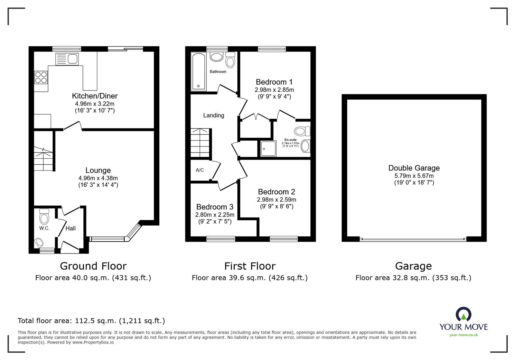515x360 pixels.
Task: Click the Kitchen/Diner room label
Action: pyautogui.click(x=95, y=96)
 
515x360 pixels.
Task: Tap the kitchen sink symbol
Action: pyautogui.click(x=67, y=59)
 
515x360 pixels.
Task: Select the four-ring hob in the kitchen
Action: pyautogui.click(x=41, y=77)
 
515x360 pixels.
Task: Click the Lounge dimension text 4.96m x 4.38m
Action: pyautogui.click(x=98, y=178)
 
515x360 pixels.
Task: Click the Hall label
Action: pyautogui.click(x=70, y=228)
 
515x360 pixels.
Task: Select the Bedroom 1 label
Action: pyautogui.click(x=274, y=82)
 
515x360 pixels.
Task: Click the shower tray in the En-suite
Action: pyautogui.click(x=268, y=148)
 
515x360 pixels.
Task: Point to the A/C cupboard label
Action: pyautogui.click(x=200, y=170)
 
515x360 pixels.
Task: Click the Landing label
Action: pyautogui.click(x=213, y=115)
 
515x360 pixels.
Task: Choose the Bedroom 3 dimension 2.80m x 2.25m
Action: pyautogui.click(x=215, y=215)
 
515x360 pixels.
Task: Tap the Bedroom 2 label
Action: pyautogui.click(x=276, y=192)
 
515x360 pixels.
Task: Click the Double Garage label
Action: pyautogui.click(x=414, y=168)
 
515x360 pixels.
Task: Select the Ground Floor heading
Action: pyautogui.click(x=93, y=266)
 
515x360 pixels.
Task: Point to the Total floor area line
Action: pyautogui.click(x=91, y=321)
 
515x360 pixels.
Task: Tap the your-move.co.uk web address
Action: pyautogui.click(x=464, y=335)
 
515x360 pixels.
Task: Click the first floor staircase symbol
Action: pyautogui.click(x=200, y=142)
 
